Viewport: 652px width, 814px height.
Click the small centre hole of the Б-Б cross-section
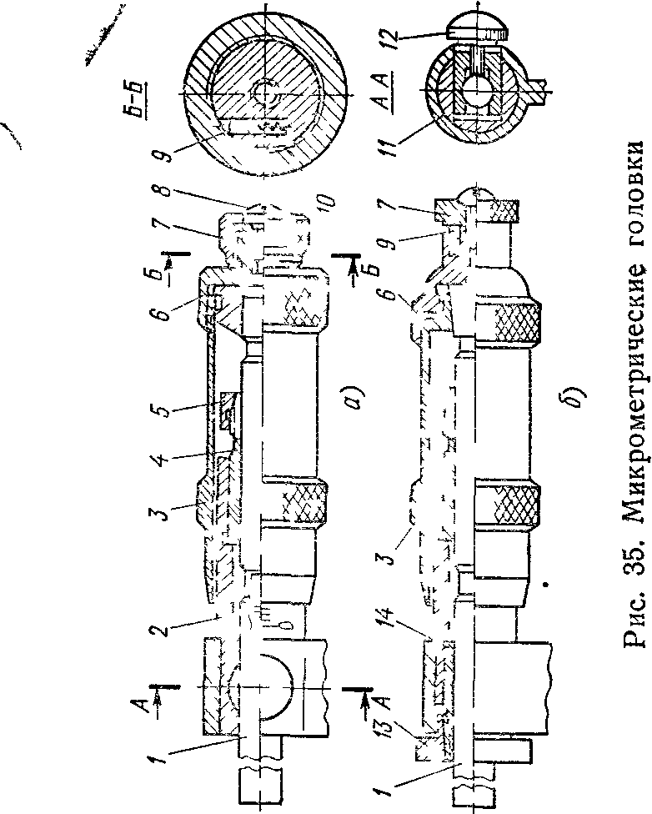[x=266, y=93]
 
